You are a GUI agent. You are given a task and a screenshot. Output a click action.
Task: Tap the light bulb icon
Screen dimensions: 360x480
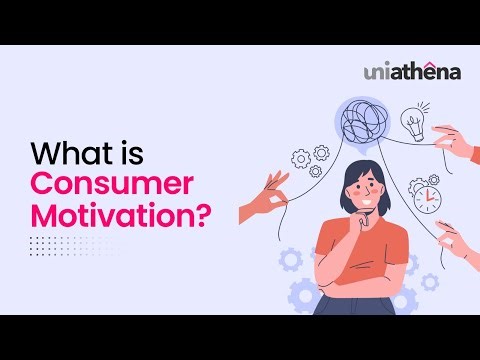click(x=413, y=124)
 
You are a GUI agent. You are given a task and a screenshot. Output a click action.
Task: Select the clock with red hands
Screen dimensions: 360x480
click(x=427, y=197)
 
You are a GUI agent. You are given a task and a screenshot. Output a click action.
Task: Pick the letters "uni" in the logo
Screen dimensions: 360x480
click(x=377, y=73)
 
